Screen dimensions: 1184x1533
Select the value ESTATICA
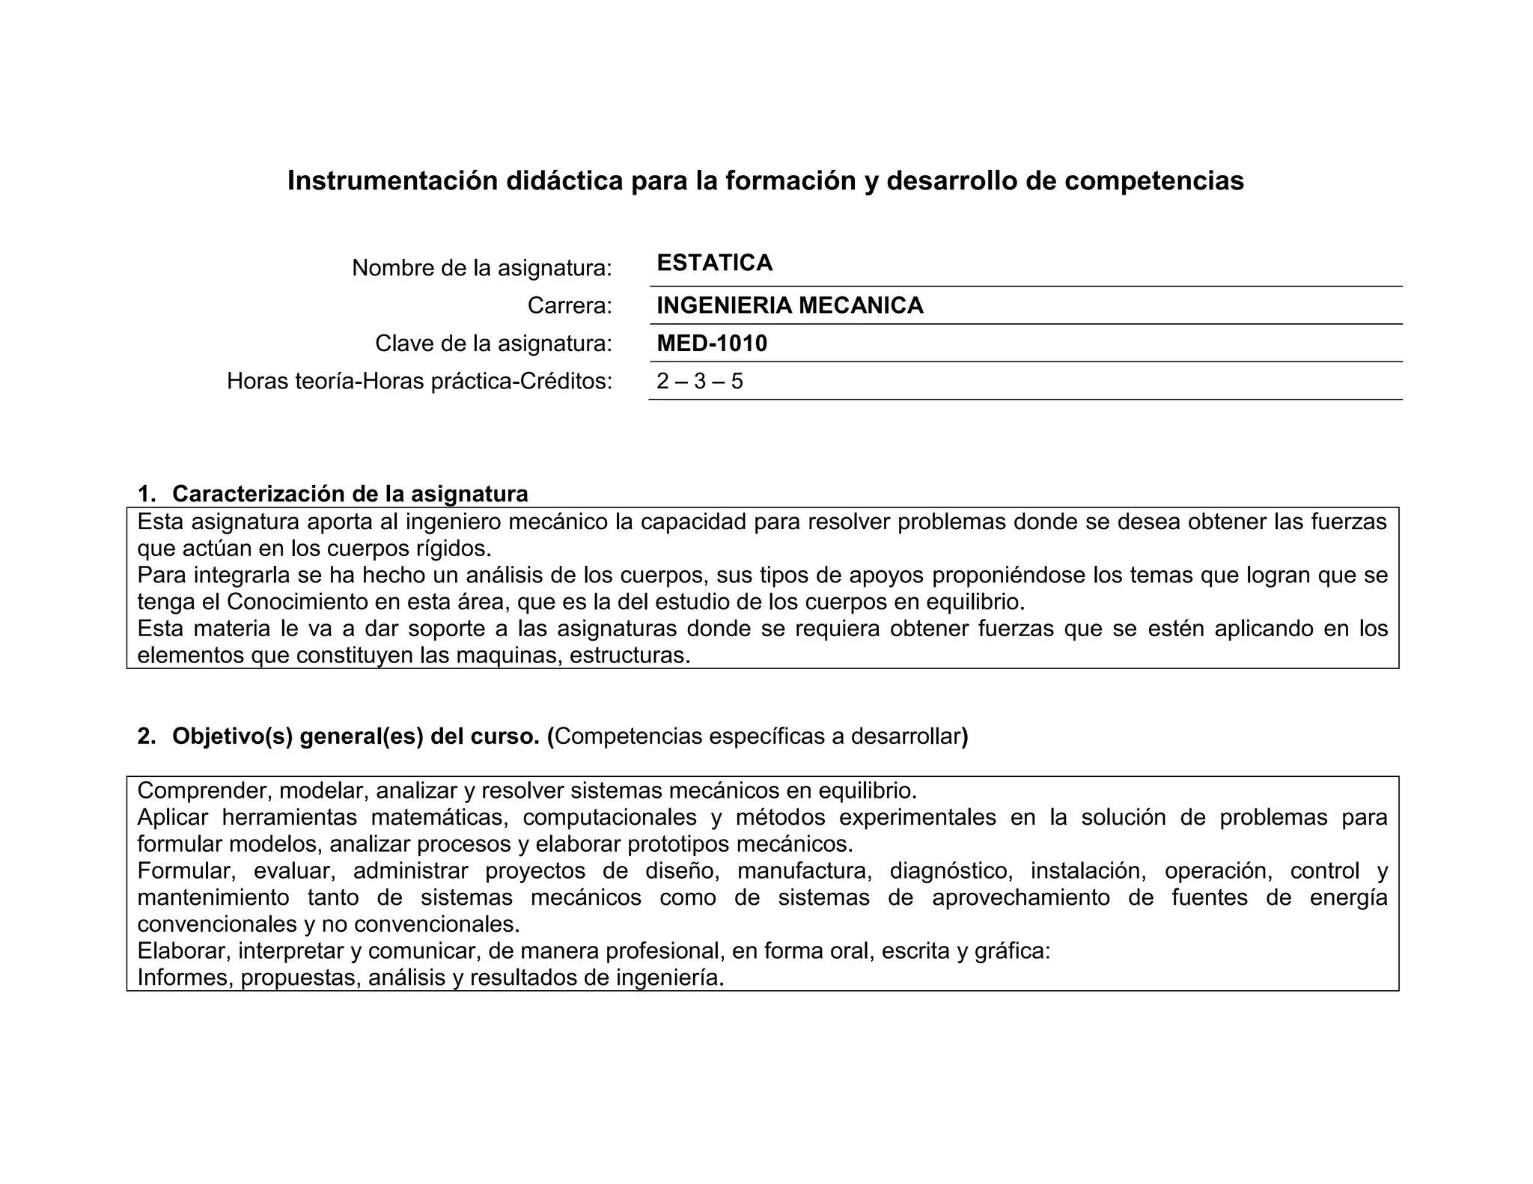pos(714,263)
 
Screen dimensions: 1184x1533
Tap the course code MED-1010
pos(712,344)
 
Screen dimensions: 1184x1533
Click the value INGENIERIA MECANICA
pos(790,305)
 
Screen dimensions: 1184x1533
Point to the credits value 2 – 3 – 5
pos(700,382)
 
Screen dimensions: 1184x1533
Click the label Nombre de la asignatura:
pos(482,268)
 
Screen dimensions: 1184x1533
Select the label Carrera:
pos(570,305)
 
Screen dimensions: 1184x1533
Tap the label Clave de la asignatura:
pos(493,344)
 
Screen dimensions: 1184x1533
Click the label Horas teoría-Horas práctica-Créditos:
pos(419,382)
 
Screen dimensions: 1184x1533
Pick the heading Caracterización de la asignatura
pos(350,494)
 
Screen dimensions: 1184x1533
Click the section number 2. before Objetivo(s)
pos(146,736)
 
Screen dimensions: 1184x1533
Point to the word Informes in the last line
pos(185,977)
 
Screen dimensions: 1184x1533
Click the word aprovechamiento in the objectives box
pos(1020,897)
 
